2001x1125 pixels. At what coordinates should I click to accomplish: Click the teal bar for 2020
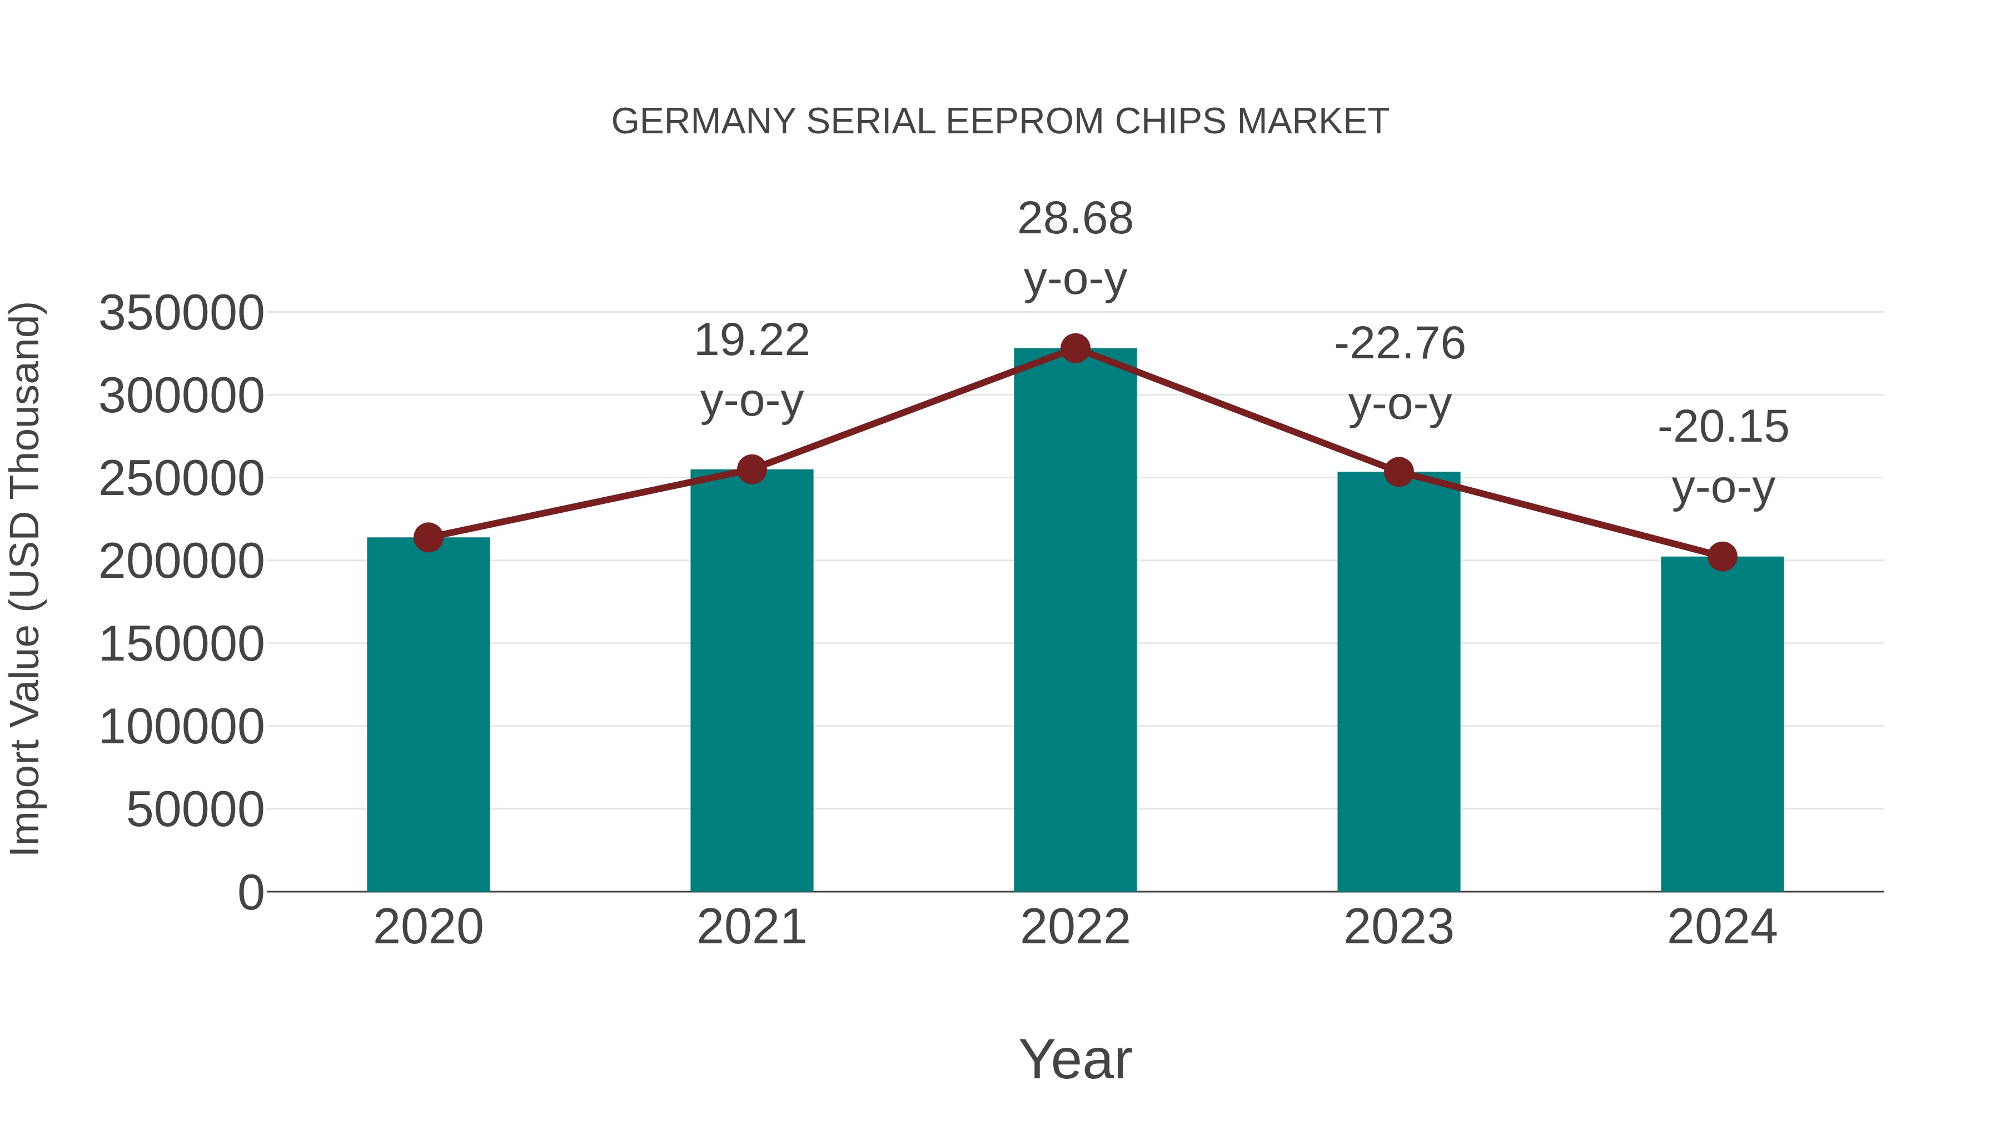[428, 714]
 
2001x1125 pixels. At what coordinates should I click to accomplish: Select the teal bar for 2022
[1075, 621]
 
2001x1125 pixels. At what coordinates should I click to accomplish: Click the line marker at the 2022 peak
[1075, 348]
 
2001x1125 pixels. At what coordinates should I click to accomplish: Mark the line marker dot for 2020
[428, 537]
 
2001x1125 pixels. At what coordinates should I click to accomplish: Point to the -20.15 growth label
[1723, 457]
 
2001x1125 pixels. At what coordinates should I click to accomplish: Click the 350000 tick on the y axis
[182, 314]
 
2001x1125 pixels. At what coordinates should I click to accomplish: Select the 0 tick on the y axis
[251, 893]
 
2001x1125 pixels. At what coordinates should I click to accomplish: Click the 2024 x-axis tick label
[1722, 927]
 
